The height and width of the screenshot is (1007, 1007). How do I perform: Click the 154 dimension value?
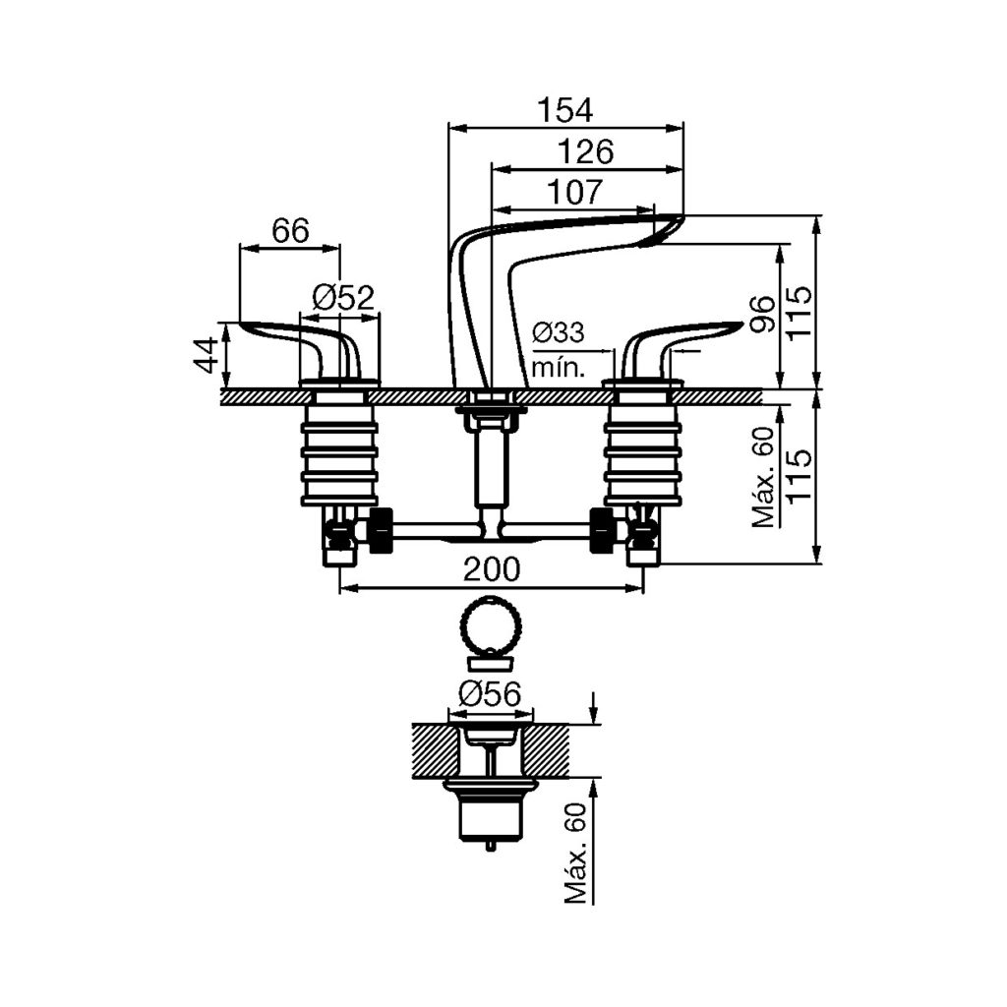pos(565,110)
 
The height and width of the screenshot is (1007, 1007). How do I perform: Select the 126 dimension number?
pos(586,152)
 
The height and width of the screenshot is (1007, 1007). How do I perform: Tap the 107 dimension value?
pos(576,192)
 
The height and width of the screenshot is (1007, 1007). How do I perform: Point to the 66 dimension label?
pos(290,230)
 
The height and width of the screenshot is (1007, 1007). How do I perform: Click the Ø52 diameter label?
pos(343,298)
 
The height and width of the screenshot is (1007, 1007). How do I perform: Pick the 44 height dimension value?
pos(207,355)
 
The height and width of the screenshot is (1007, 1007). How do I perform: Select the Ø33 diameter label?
pos(559,332)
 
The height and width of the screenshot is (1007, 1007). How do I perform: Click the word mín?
pos(559,369)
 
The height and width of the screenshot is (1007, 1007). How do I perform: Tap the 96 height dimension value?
pos(762,314)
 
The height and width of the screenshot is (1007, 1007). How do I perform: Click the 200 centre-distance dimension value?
pos(492,569)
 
